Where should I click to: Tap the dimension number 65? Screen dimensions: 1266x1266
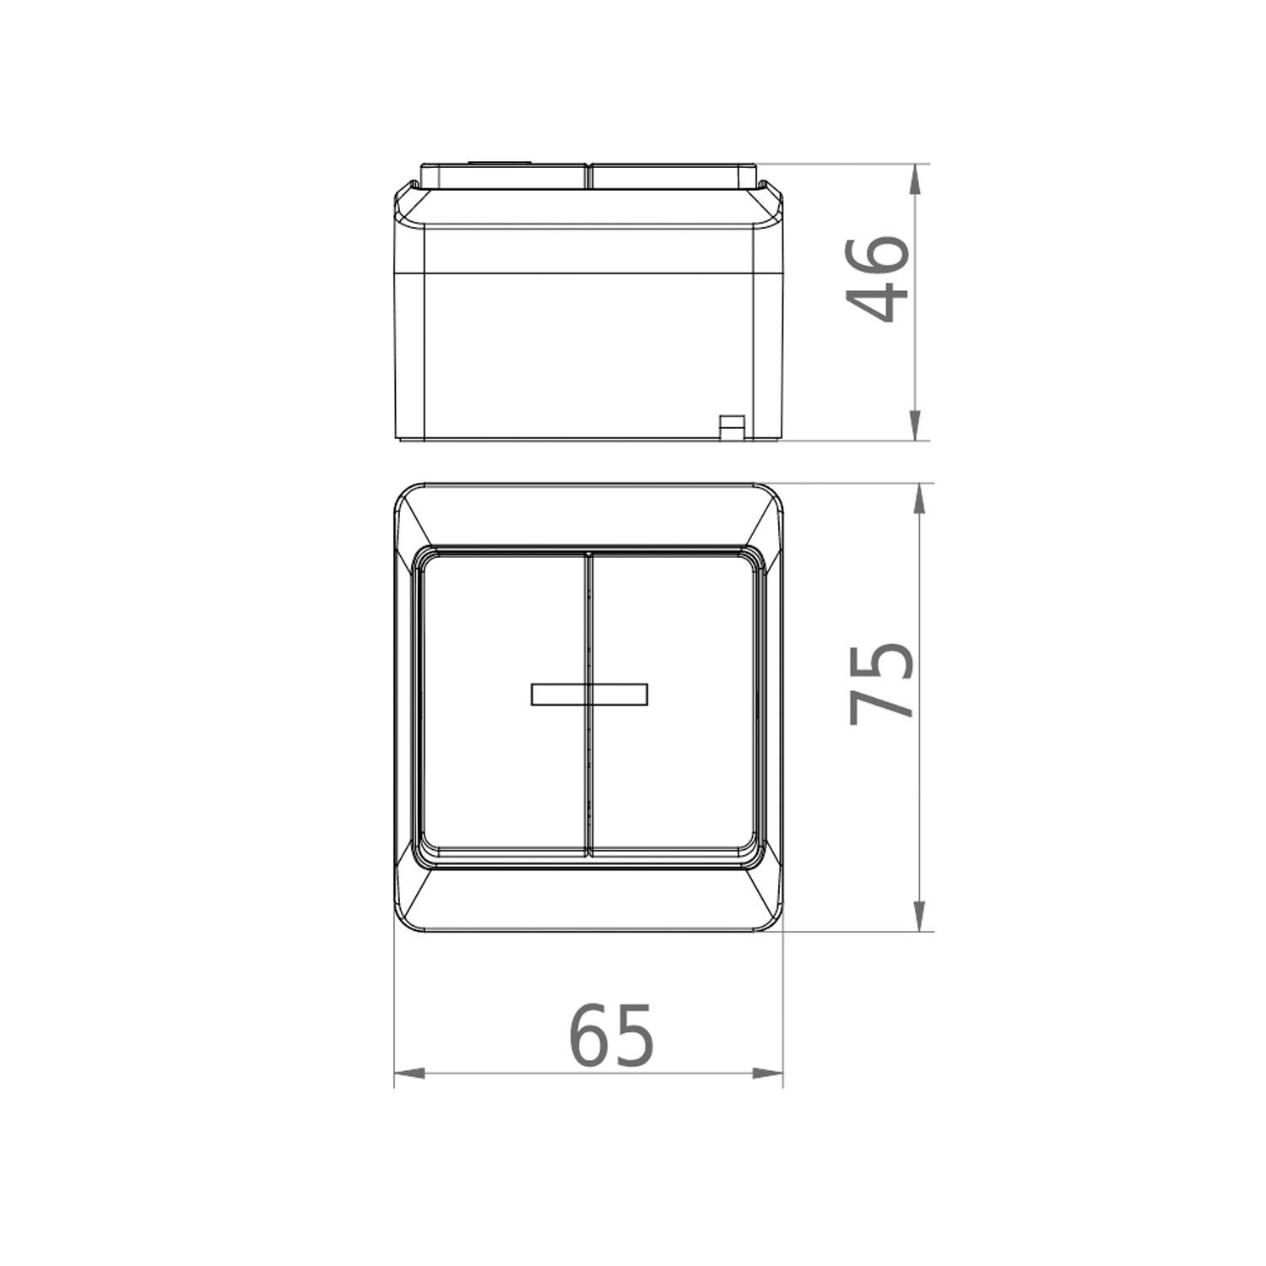(x=612, y=1035)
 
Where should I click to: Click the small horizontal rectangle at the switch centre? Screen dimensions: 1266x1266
(x=589, y=694)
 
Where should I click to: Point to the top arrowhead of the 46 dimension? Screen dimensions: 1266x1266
(x=917, y=176)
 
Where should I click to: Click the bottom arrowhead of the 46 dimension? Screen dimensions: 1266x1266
(x=917, y=426)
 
